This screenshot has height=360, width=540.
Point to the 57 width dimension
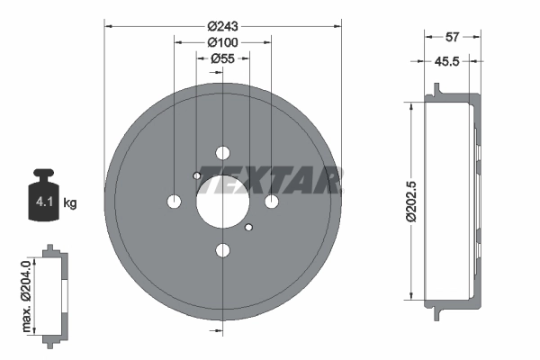pyautogui.click(x=454, y=37)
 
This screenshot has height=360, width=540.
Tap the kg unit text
pyautogui.click(x=71, y=202)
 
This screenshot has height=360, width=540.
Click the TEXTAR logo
pyautogui.click(x=270, y=180)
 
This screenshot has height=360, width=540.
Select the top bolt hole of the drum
pyautogui.click(x=222, y=153)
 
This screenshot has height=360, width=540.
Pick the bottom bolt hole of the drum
pyautogui.click(x=222, y=250)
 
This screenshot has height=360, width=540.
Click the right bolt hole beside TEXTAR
pyautogui.click(x=271, y=201)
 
